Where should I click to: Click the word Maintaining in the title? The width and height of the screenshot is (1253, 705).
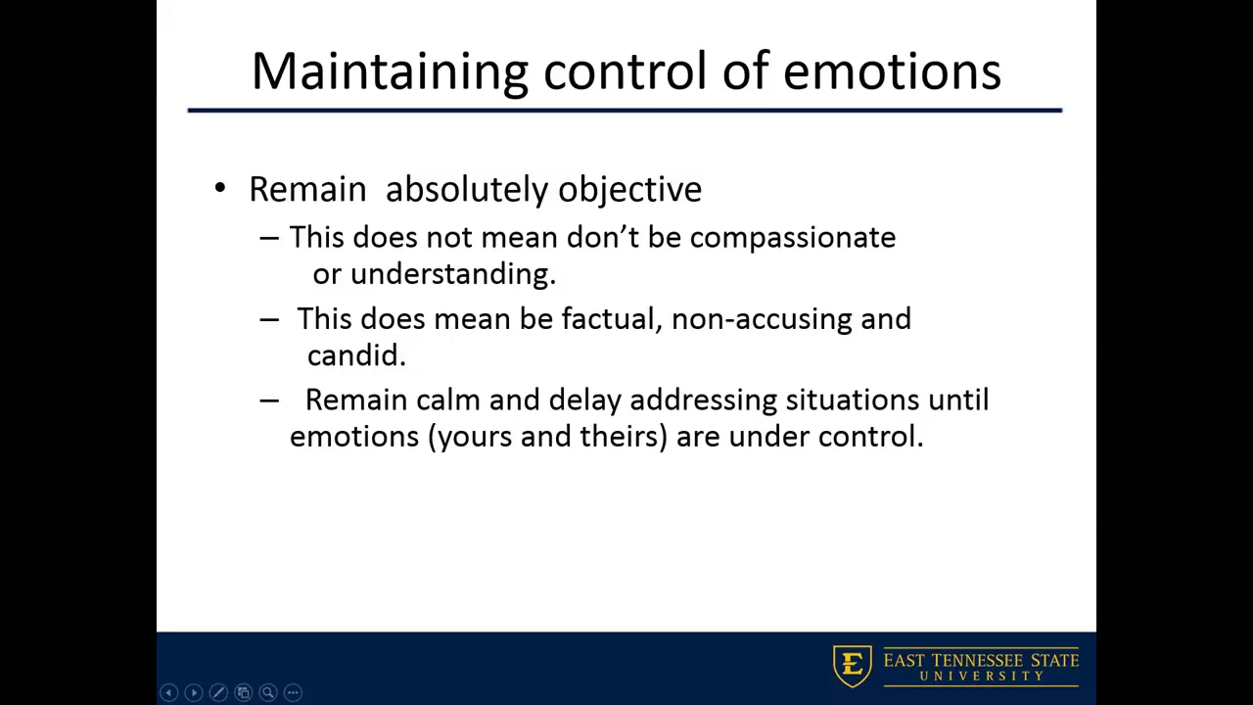coord(390,72)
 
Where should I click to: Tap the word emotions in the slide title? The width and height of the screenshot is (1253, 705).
coord(892,72)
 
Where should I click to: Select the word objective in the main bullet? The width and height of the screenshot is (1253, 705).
coord(629,189)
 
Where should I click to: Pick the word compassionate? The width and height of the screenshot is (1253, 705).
coord(793,238)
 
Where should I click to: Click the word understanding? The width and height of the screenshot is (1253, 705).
coord(453,274)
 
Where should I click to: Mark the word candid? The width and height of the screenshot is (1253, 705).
coord(356,355)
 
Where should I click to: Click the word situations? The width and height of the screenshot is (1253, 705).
coord(853,400)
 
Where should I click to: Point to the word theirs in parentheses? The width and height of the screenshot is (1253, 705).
coord(620,437)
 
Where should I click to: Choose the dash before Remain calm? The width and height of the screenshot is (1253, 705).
coord(269,400)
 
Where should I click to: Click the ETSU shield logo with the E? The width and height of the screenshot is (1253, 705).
coord(852,666)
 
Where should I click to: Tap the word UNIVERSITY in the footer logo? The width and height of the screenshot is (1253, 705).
coord(982,676)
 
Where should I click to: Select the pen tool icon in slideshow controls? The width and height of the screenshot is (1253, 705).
coord(218,692)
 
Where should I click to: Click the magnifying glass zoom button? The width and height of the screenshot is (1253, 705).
coord(268,692)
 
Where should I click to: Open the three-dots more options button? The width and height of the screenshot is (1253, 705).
coord(293,692)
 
